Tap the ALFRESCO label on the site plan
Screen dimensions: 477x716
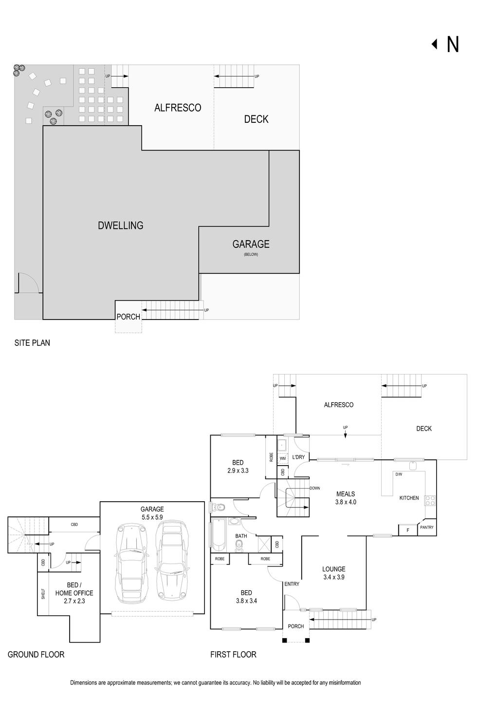click(178, 108)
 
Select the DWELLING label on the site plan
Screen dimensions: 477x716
click(120, 226)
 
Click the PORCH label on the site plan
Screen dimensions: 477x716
click(128, 317)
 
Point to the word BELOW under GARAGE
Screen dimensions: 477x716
click(251, 254)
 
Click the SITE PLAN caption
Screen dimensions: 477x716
click(32, 343)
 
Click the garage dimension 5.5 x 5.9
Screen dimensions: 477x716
click(152, 517)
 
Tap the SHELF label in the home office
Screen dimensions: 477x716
click(43, 594)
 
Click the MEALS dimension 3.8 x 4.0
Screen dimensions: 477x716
click(346, 502)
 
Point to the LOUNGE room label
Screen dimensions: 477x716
click(333, 569)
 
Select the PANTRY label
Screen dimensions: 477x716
click(427, 527)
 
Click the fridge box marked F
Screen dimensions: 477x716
click(408, 530)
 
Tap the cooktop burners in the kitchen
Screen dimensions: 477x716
click(430, 500)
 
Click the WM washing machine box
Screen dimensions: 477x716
click(282, 458)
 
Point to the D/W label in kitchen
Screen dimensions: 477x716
click(399, 474)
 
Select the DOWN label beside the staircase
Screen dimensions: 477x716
click(315, 488)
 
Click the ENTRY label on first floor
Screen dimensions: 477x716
click(292, 584)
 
